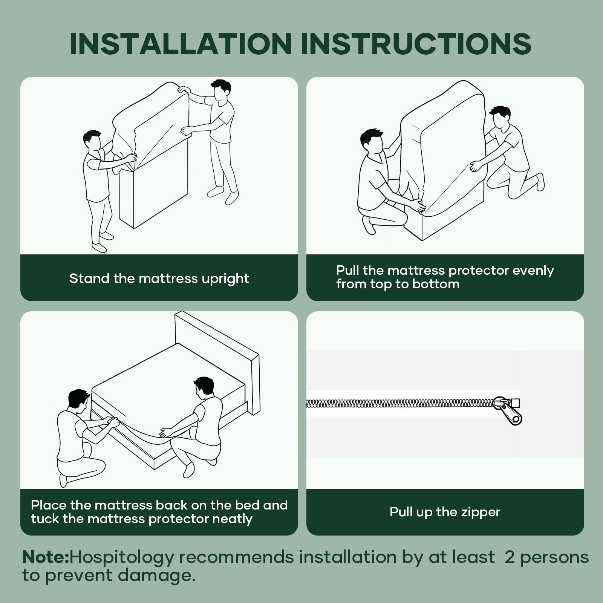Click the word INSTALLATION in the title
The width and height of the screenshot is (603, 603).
181,44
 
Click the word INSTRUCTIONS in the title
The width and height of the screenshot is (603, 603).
416,44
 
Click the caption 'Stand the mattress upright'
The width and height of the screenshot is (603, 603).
159,279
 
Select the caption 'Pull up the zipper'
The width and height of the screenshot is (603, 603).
445,512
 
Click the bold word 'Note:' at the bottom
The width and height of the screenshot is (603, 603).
46,557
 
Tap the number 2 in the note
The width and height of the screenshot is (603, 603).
510,557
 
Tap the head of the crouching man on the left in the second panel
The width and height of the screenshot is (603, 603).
372,141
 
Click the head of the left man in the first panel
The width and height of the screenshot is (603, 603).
92,140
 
